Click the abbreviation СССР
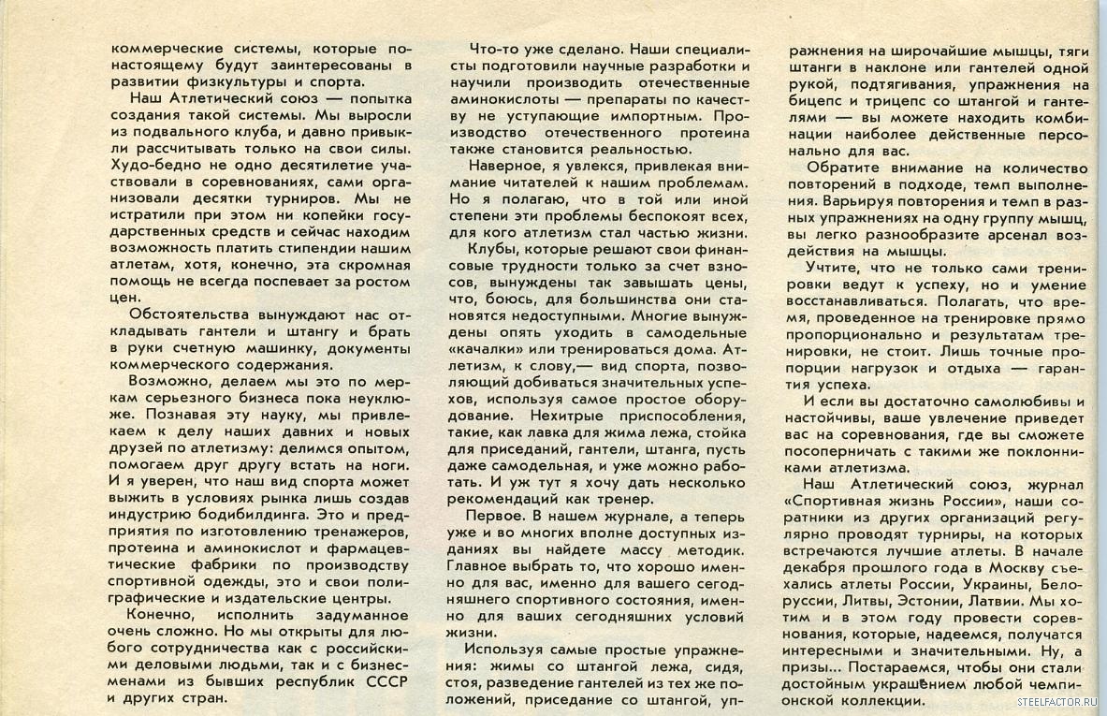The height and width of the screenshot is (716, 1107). point(386,680)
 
